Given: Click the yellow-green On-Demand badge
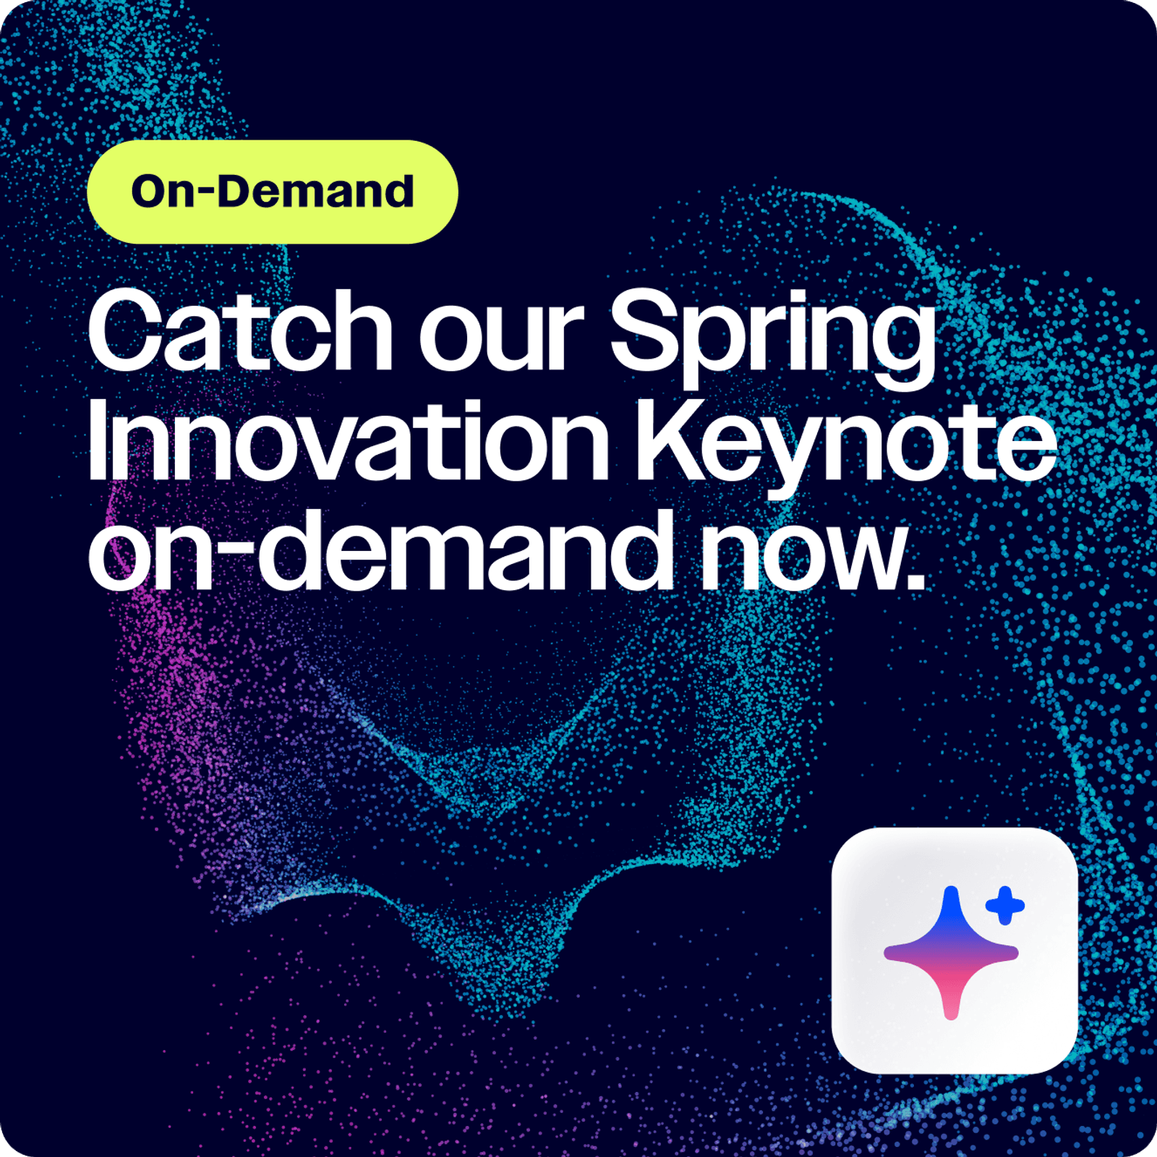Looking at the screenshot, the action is click(273, 192).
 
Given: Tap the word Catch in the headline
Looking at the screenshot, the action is click(240, 330).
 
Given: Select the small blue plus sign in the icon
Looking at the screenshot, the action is click(1004, 905).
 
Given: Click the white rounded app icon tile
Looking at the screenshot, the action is click(955, 950).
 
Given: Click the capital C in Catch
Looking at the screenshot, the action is click(129, 330).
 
